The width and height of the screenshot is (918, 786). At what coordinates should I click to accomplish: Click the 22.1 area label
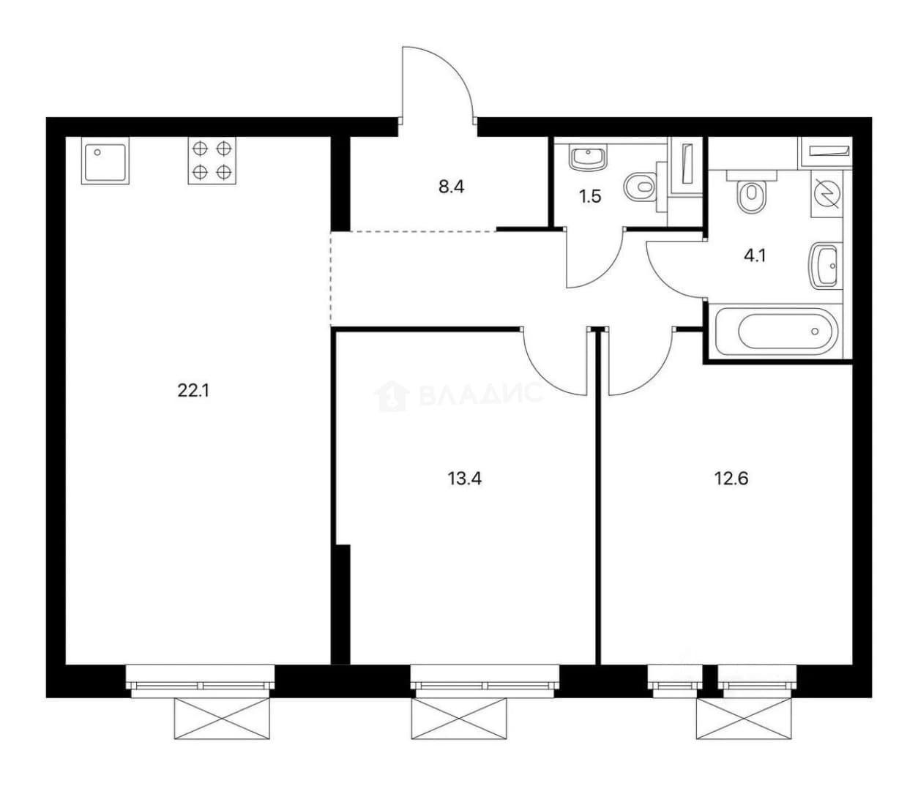click(193, 391)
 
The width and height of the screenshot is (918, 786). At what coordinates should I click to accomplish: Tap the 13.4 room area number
click(465, 479)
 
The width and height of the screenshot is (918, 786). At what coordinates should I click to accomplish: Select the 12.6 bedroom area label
click(731, 479)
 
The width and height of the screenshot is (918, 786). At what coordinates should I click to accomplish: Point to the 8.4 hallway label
click(451, 187)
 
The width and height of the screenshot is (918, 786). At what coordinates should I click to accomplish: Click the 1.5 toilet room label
click(590, 196)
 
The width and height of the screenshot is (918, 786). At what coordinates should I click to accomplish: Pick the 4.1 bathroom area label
click(755, 256)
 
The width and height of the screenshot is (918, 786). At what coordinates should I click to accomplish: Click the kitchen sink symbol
click(105, 160)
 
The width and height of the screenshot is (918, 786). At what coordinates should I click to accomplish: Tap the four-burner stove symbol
click(212, 160)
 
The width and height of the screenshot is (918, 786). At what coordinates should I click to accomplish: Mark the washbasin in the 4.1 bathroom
click(826, 266)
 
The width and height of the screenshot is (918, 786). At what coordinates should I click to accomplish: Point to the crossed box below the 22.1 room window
click(222, 719)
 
